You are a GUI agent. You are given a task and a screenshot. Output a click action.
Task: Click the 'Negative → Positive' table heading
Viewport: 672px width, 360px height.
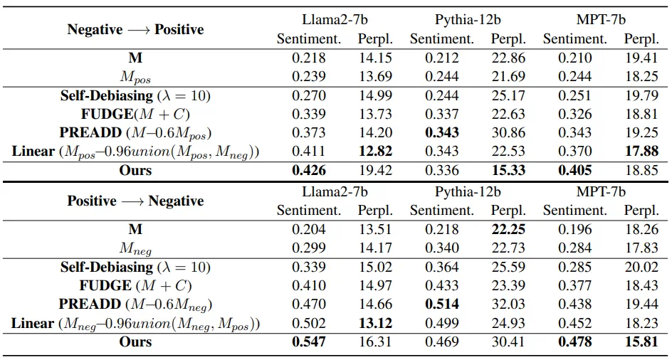135,29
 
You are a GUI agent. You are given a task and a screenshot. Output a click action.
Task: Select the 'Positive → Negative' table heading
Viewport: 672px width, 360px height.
135,201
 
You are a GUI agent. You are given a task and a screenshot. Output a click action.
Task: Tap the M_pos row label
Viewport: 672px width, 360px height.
135,77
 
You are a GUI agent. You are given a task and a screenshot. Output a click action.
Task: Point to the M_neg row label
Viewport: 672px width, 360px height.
135,249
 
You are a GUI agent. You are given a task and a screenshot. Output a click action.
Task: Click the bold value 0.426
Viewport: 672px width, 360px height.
309,171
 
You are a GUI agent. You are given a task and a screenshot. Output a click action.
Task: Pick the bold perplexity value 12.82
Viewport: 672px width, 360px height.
374,152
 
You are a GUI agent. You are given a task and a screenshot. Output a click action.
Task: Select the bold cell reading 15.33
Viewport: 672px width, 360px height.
508,171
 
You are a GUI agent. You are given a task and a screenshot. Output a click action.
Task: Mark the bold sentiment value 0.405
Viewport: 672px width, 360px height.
574,171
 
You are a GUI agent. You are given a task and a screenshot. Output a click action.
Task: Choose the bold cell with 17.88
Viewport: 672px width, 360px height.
641,152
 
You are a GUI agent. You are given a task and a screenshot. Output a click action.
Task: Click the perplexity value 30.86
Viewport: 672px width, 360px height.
508,132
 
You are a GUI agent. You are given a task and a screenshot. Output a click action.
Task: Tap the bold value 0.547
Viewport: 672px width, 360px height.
309,342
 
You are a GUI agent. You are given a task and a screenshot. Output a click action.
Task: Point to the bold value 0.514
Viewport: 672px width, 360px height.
441,305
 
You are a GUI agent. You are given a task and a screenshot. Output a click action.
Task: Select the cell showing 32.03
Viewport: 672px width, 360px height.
508,305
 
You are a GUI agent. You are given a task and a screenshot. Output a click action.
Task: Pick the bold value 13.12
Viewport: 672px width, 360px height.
374,324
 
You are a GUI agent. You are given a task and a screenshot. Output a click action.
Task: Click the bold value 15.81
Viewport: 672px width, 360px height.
641,342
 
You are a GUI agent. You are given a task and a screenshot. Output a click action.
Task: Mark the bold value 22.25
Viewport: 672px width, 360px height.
508,230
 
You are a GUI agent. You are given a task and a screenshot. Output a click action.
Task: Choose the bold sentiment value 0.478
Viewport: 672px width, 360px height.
574,342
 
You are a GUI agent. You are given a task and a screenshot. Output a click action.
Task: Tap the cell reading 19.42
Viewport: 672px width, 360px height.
374,171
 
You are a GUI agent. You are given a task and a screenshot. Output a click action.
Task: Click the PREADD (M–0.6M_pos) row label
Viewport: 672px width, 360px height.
135,132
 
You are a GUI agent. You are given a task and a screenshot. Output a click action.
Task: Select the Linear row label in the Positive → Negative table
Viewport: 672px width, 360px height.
135,324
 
